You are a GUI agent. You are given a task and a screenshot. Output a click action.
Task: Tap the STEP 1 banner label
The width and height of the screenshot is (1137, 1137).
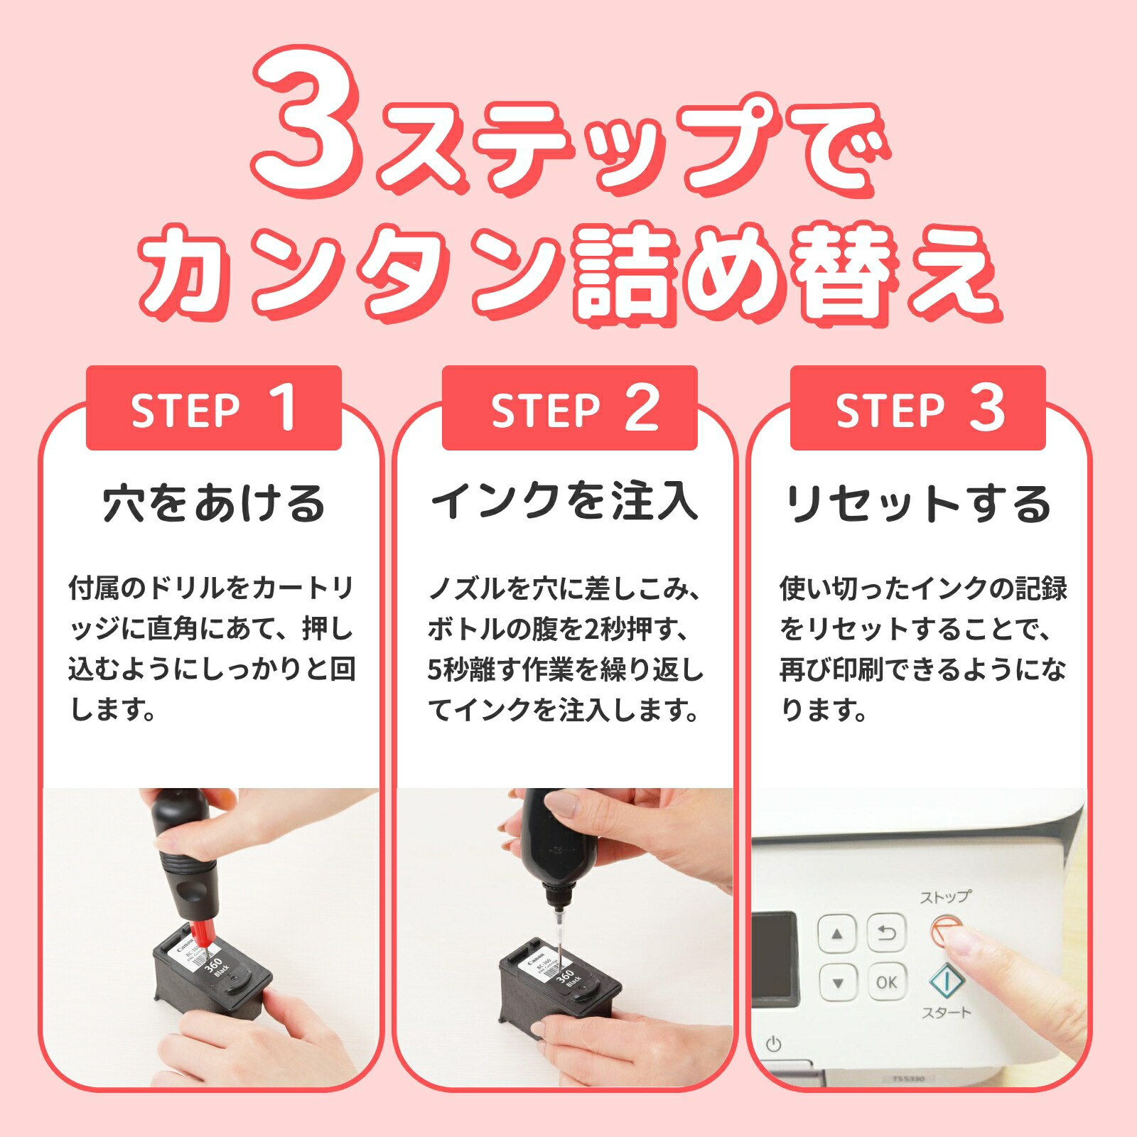click(x=213, y=409)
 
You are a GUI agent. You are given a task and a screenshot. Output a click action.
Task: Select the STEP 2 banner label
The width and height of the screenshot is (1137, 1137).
click(x=569, y=409)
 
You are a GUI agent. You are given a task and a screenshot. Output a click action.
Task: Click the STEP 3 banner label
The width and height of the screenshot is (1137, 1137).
click(x=917, y=409)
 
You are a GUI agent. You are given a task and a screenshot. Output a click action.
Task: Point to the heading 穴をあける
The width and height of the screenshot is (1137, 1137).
click(x=213, y=503)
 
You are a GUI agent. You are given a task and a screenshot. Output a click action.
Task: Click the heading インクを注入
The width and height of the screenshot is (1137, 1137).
click(x=565, y=501)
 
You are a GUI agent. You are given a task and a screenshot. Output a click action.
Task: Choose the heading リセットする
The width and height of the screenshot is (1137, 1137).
click(x=917, y=503)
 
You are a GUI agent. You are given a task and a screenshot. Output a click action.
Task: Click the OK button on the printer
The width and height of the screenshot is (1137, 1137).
click(x=886, y=982)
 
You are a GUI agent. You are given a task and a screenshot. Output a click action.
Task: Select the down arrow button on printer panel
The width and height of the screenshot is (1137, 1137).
click(x=837, y=984)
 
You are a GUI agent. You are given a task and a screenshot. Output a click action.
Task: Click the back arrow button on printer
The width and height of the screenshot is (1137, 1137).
click(x=886, y=934)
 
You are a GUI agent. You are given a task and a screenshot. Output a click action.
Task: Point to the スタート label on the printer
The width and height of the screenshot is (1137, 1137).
click(x=946, y=1013)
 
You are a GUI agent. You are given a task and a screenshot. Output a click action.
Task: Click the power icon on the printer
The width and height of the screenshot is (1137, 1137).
click(x=774, y=1044)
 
